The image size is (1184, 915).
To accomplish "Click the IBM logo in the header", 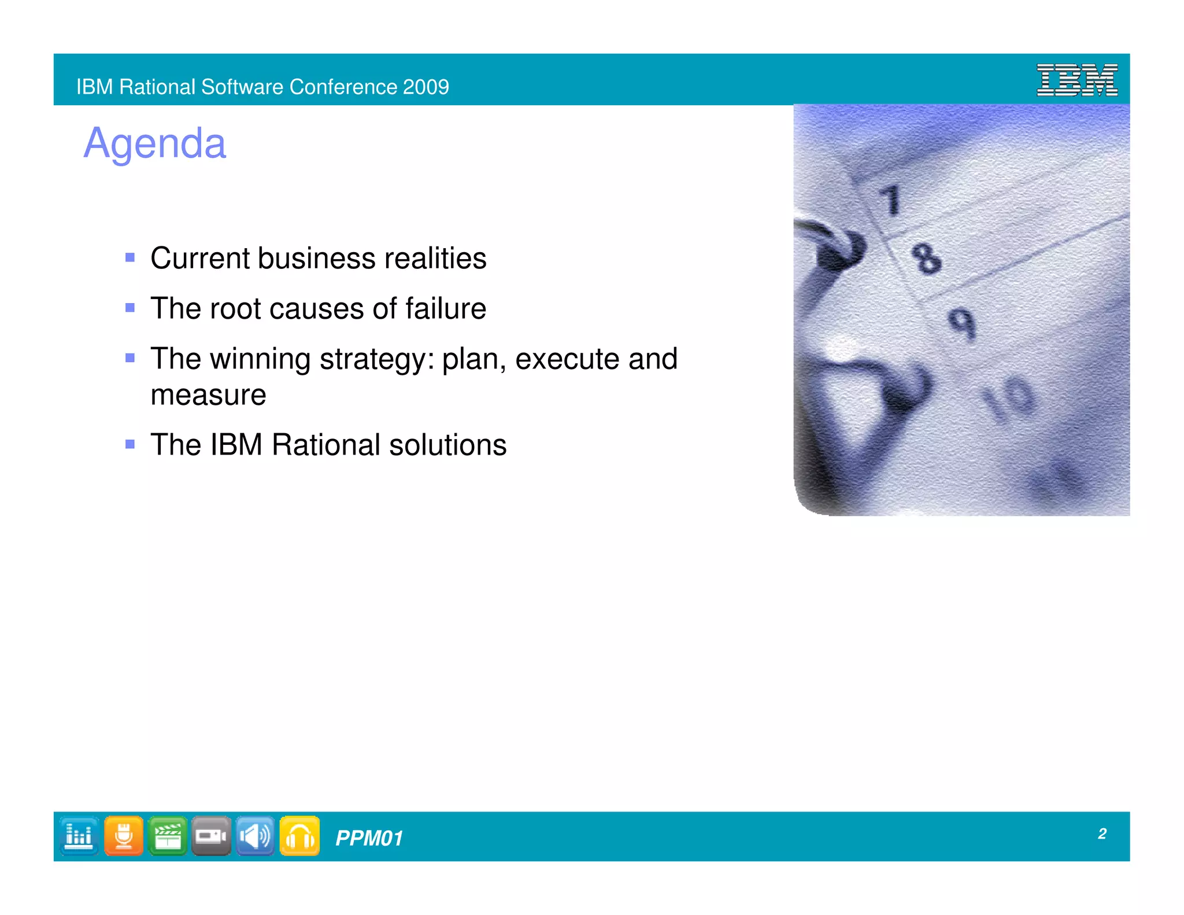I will [x=1076, y=80].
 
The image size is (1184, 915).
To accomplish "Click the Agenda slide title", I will [x=155, y=143].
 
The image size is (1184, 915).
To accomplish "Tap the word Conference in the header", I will [x=343, y=87].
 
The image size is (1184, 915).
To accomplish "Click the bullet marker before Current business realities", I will [x=130, y=257].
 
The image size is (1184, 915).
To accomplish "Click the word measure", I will [x=208, y=395].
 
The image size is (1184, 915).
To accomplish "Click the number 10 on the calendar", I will [x=1009, y=398].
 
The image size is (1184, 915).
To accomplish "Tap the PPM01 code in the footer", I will [x=369, y=838].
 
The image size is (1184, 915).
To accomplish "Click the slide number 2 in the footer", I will [x=1102, y=833].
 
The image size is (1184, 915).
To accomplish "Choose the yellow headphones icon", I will [x=299, y=836].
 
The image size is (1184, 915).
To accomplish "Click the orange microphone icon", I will [x=124, y=836].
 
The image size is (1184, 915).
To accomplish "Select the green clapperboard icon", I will [x=168, y=836].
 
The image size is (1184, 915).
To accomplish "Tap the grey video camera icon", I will [x=211, y=836].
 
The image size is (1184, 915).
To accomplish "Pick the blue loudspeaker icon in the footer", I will [x=255, y=836].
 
